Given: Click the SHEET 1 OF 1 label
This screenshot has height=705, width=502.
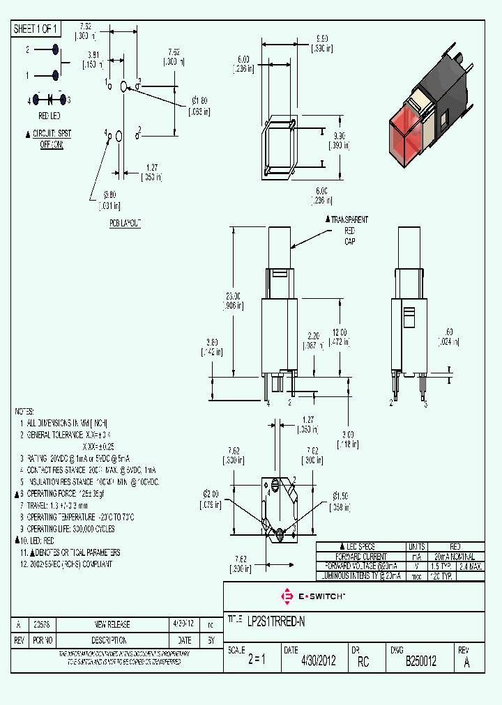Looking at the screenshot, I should click(36, 29).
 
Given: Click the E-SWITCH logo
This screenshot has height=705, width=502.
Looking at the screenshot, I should click(312, 597).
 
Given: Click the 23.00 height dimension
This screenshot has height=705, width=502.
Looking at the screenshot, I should click(235, 300).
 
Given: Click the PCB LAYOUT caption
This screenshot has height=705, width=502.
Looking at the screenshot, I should click(125, 223).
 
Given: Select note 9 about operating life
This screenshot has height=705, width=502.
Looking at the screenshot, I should click(70, 529).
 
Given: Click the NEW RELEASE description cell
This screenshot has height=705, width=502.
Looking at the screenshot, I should click(112, 624).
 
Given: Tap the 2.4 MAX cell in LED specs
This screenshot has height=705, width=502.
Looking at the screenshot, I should click(471, 566).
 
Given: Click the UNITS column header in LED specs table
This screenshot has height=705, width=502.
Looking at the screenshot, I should click(416, 547).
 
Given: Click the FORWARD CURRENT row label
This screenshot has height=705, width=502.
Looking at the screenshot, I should click(360, 557).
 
